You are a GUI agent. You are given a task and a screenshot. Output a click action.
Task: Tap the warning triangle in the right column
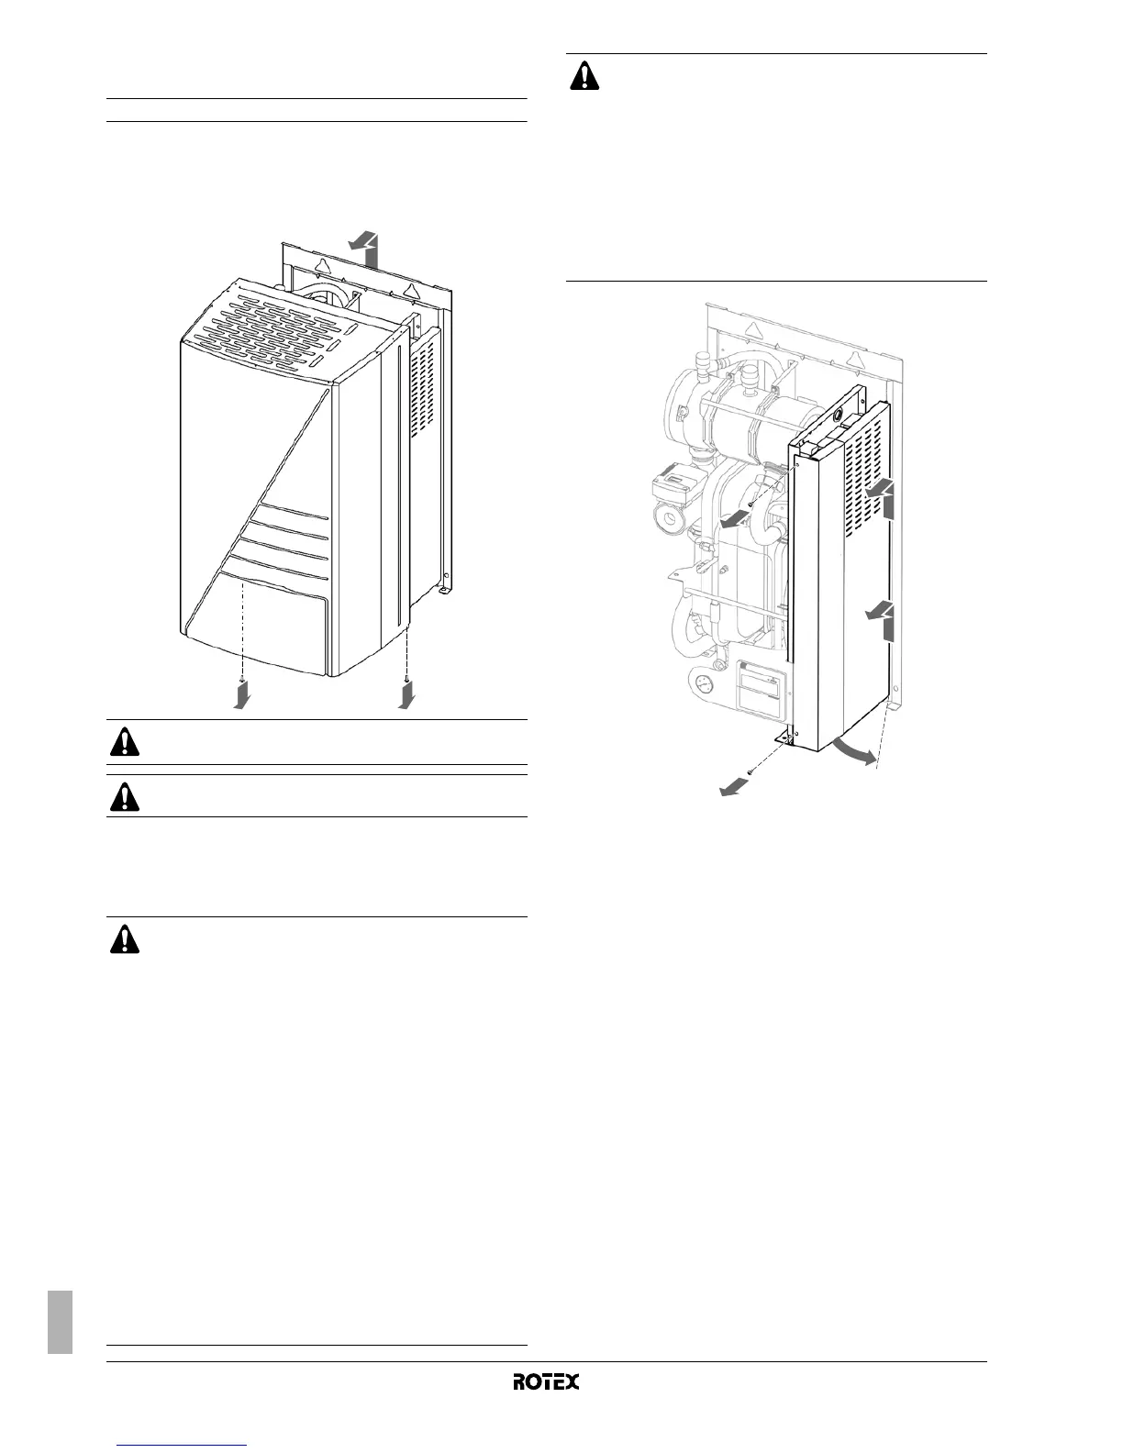click(x=584, y=75)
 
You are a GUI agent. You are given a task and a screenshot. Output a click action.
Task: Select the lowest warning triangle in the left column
click(x=125, y=940)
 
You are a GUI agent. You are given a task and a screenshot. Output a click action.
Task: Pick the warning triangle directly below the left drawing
click(x=125, y=742)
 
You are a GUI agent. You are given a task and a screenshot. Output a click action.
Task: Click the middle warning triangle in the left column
click(x=125, y=798)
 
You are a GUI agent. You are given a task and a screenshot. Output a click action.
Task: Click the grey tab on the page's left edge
click(x=61, y=1321)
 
